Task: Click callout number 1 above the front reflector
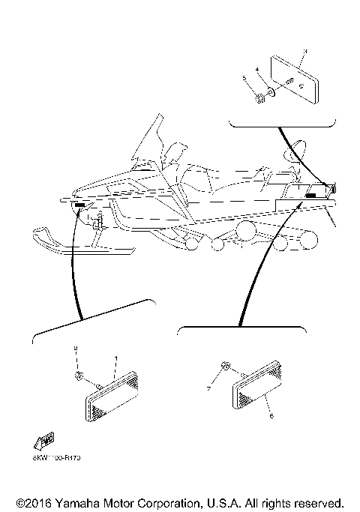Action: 115,358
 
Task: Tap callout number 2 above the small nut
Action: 76,349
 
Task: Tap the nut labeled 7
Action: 224,367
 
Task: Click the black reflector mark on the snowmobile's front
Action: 80,204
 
